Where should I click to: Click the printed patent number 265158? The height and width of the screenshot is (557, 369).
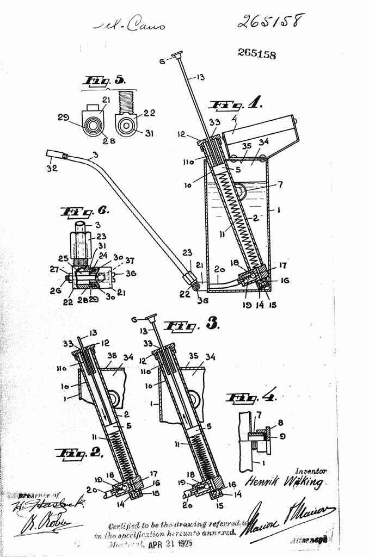click(x=256, y=54)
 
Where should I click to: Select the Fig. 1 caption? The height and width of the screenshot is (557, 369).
click(x=236, y=104)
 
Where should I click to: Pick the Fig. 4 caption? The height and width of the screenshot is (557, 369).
click(x=251, y=398)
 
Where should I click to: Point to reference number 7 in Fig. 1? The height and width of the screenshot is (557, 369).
click(x=280, y=185)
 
